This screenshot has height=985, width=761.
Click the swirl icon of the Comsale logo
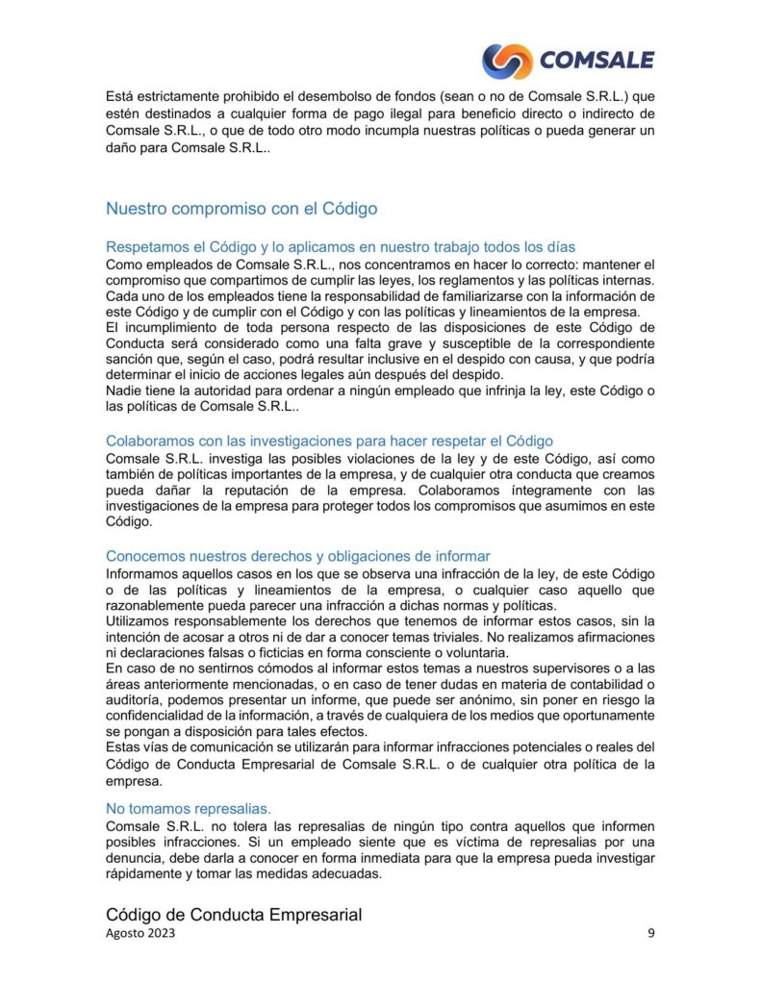[x=506, y=61]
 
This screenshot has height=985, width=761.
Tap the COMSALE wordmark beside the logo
[x=596, y=61]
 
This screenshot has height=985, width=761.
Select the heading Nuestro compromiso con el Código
[x=241, y=208]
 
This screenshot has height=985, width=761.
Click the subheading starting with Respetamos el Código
[x=341, y=247]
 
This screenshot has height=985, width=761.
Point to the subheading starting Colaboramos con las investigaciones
[x=330, y=441]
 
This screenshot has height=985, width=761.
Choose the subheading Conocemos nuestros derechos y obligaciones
[x=298, y=556]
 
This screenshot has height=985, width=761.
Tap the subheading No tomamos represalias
[x=189, y=808]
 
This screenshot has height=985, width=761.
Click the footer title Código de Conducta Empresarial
[x=234, y=915]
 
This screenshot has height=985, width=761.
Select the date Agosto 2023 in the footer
[x=140, y=934]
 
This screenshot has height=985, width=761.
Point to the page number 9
[x=651, y=934]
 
